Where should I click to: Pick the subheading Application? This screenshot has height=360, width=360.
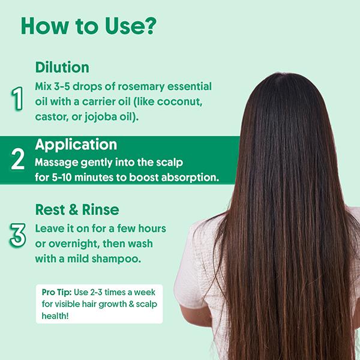pos(76,145)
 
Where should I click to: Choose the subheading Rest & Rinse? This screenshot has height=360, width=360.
pos(77,210)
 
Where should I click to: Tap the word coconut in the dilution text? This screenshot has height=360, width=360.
pos(186,101)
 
